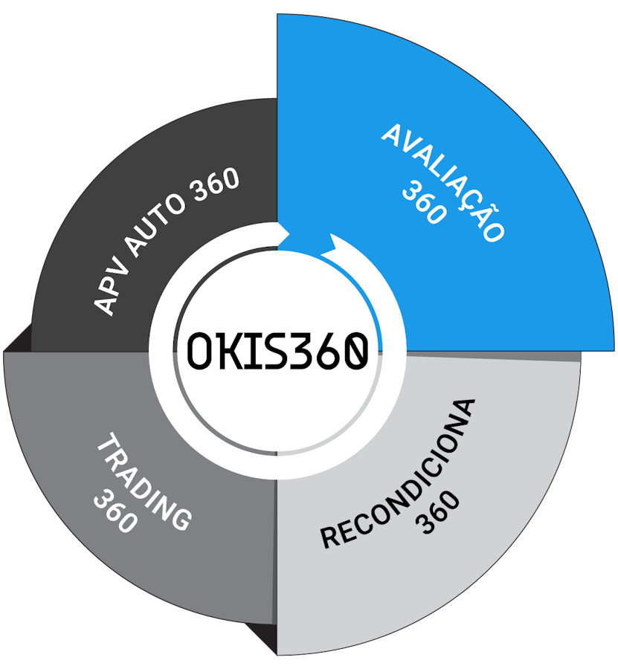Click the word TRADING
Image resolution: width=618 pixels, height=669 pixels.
click(144, 484)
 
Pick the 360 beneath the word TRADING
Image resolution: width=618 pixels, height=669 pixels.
click(115, 509)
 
